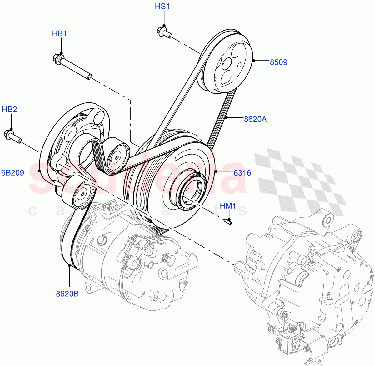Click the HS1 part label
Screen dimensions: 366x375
click(162, 7)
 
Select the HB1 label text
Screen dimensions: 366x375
click(59, 34)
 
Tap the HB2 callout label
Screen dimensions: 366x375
click(9, 109)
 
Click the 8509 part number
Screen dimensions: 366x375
click(278, 62)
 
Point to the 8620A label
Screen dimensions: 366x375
click(255, 119)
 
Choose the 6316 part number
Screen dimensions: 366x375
click(242, 173)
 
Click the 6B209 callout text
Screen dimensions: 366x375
click(13, 173)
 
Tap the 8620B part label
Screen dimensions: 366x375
click(67, 294)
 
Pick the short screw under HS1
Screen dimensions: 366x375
click(164, 32)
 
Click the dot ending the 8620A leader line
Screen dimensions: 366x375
click(226, 117)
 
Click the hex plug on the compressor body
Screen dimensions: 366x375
click(102, 240)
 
